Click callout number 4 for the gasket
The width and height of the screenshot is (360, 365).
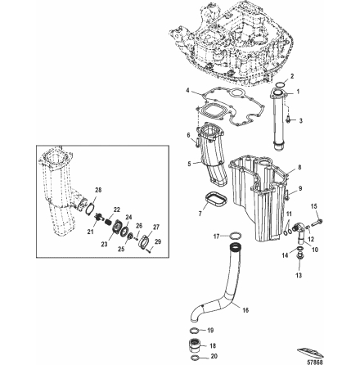(x=187, y=89)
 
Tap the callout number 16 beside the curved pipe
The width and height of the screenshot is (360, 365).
(x=246, y=310)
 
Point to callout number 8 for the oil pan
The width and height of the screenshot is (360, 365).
(x=299, y=167)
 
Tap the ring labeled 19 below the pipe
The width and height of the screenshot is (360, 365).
(x=194, y=330)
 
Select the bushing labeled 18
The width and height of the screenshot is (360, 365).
(x=195, y=345)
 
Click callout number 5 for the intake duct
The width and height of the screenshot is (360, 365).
(x=189, y=163)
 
